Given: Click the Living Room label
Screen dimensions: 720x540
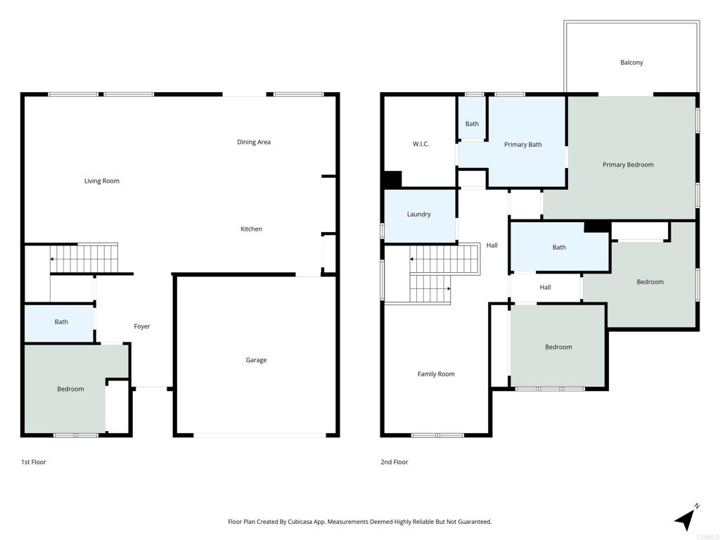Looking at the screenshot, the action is point(101,181).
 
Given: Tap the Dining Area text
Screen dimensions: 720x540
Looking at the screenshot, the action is point(254,142).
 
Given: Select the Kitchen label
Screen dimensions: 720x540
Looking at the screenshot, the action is point(251,229).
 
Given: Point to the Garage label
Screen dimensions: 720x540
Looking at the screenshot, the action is point(256,360).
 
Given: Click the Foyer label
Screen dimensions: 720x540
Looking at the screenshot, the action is point(142,326).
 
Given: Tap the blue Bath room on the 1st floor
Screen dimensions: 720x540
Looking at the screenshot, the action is point(59,323).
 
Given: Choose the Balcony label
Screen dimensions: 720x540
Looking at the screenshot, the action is point(631,63).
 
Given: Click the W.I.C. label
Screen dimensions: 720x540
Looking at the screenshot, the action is point(420,144).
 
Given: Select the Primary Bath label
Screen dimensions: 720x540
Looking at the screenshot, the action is point(523,145).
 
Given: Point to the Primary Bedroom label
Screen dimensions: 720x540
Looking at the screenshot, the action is point(628,165).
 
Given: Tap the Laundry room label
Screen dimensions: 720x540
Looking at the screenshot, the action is point(419,214).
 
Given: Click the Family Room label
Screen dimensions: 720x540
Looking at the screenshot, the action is point(436,374).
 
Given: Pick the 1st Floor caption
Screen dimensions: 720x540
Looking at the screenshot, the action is point(34,462).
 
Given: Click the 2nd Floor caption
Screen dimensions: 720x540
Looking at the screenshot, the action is point(394,462).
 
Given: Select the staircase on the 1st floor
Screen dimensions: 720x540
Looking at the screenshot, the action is point(84,259).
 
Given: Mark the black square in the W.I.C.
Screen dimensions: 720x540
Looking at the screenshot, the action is point(392,179).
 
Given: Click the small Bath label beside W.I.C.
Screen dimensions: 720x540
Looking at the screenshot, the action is point(472,124).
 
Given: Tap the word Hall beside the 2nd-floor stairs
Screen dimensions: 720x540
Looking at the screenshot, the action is point(491,245).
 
